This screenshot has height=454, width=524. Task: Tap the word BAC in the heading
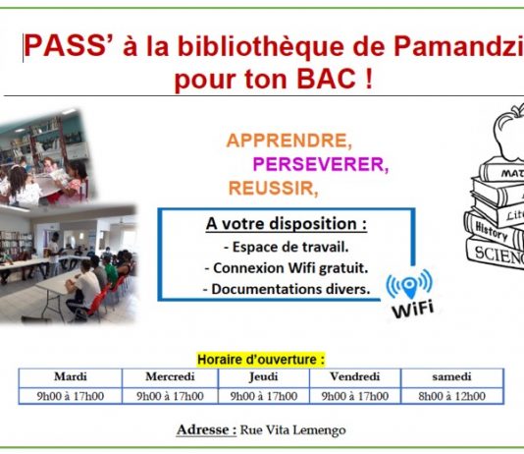tap(327, 79)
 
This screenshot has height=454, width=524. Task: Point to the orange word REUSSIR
tap(273, 188)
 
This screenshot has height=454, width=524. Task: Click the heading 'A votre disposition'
tap(287, 224)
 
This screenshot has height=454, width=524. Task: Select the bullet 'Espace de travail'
tap(287, 248)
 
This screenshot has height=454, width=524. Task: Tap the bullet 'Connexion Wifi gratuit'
tap(287, 268)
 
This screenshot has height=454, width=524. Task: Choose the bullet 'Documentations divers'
tap(287, 289)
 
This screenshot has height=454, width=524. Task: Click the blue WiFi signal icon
tap(409, 284)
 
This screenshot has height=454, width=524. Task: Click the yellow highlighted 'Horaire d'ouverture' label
tap(261, 360)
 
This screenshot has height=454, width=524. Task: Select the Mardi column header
tap(71, 376)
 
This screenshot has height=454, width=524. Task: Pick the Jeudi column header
tap(264, 377)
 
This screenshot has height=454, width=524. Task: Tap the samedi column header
tap(451, 376)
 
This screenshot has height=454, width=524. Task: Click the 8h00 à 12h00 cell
tap(451, 396)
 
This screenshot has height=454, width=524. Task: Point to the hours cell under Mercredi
tap(170, 396)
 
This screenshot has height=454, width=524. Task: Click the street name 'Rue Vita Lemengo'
tap(293, 429)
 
